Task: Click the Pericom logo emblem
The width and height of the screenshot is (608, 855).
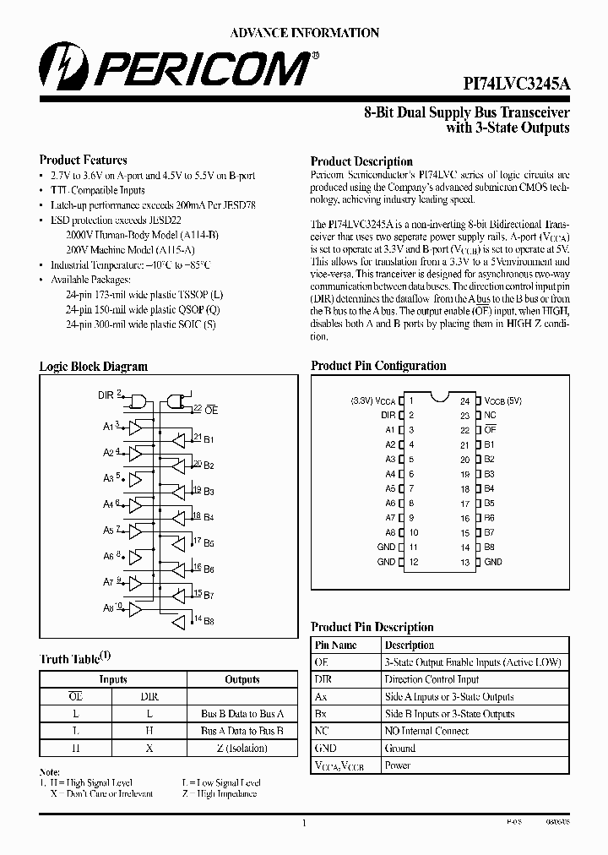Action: (58, 67)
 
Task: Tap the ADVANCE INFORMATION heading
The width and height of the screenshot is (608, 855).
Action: (305, 32)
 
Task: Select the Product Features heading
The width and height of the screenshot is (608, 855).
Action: (84, 160)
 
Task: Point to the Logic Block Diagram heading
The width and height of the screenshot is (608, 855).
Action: (94, 367)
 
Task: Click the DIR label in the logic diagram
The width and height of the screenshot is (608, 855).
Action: (106, 395)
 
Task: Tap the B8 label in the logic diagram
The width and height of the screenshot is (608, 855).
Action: (209, 621)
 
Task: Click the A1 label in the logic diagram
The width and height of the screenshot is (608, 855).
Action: (108, 427)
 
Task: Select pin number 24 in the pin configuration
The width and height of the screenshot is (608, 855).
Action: (464, 401)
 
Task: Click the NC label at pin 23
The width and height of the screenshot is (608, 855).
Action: (490, 416)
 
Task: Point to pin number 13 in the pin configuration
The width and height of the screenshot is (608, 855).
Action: (464, 562)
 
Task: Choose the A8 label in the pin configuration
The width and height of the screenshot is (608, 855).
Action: (390, 533)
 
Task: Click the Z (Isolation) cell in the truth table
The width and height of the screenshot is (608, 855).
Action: (242, 748)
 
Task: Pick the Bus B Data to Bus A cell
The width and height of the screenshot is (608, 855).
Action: (242, 714)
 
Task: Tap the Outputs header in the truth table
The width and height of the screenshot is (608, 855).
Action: (242, 679)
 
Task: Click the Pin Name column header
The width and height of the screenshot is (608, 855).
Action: (335, 645)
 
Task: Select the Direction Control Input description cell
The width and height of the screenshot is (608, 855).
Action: (432, 679)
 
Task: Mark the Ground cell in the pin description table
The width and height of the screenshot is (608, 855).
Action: (400, 748)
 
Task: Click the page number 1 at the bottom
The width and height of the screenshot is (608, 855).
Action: (303, 821)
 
